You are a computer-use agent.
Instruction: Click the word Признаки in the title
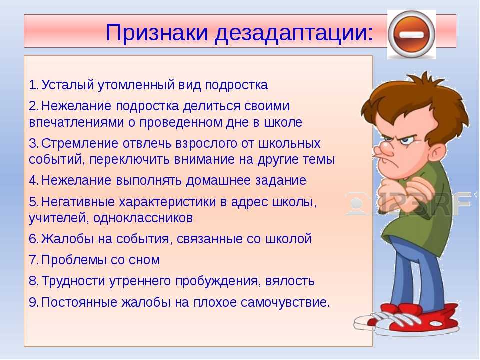[x=157, y=33]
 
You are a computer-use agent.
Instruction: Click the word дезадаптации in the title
[x=294, y=33]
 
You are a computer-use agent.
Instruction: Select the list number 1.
[x=33, y=85]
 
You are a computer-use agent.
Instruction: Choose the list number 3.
[x=33, y=143]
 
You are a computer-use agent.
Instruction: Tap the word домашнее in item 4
[x=218, y=180]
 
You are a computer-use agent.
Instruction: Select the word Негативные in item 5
[x=78, y=202]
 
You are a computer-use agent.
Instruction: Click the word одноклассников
[x=143, y=218]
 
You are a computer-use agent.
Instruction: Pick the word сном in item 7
[x=144, y=260]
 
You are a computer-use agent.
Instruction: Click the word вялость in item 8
[x=290, y=281]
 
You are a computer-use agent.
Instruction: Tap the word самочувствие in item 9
[x=285, y=303]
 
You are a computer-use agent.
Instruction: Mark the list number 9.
[x=33, y=303]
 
